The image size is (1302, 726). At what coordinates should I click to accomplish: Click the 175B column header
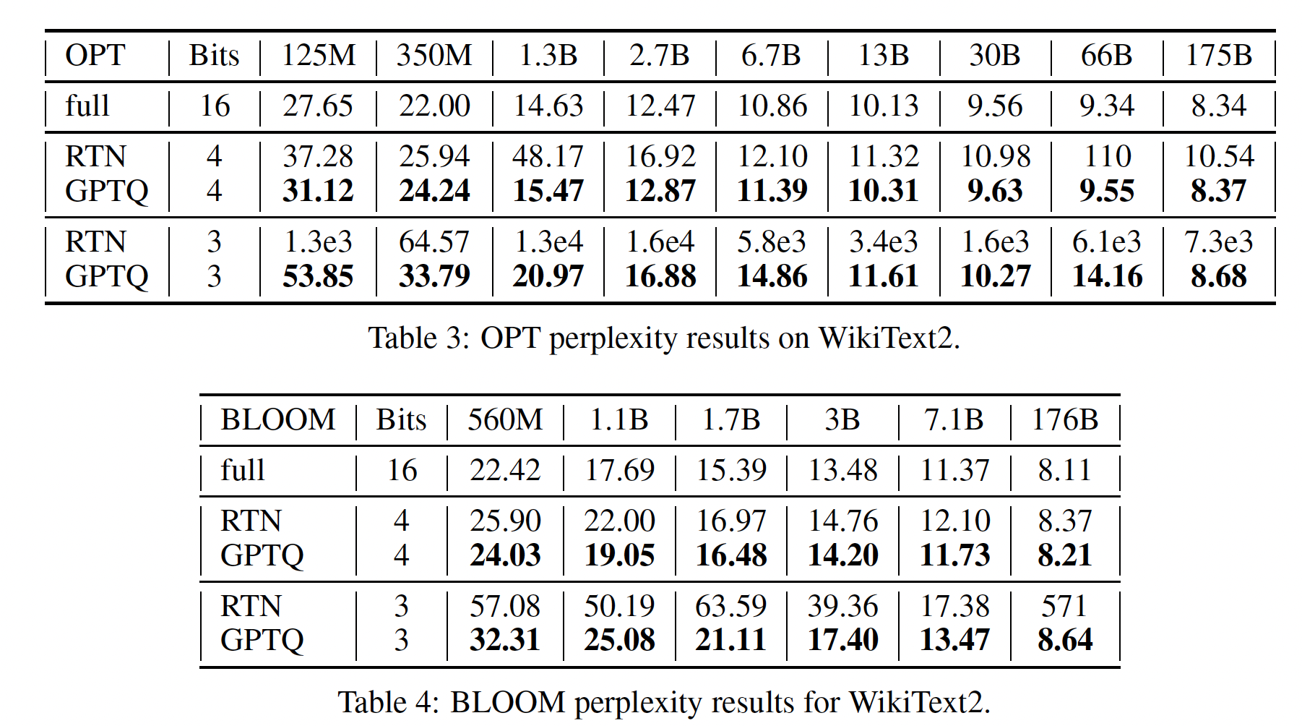1218,56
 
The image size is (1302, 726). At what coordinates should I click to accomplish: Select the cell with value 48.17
548,157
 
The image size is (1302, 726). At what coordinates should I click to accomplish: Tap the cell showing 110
1107,157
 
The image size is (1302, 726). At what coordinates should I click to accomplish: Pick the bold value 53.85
318,276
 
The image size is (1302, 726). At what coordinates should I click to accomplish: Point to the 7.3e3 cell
1218,242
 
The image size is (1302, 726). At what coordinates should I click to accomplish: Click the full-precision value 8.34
1218,106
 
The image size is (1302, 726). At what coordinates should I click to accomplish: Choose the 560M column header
504,420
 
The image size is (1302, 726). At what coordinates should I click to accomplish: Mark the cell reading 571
1064,606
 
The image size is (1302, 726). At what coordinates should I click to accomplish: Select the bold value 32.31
504,640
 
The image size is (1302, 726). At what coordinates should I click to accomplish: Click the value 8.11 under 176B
1064,471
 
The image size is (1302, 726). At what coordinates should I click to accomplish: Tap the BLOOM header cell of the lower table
277,420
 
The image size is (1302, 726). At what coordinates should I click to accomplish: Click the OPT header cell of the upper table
95,56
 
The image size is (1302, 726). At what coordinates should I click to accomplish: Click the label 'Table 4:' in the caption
389,702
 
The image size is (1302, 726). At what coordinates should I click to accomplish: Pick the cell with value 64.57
434,242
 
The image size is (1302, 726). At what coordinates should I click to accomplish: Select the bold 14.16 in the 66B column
1107,276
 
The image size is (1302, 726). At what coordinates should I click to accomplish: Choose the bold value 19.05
619,555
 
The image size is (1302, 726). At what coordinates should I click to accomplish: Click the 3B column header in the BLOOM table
842,420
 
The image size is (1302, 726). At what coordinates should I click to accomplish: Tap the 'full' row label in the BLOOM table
242,471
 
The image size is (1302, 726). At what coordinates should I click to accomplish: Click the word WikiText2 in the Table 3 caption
888,338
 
